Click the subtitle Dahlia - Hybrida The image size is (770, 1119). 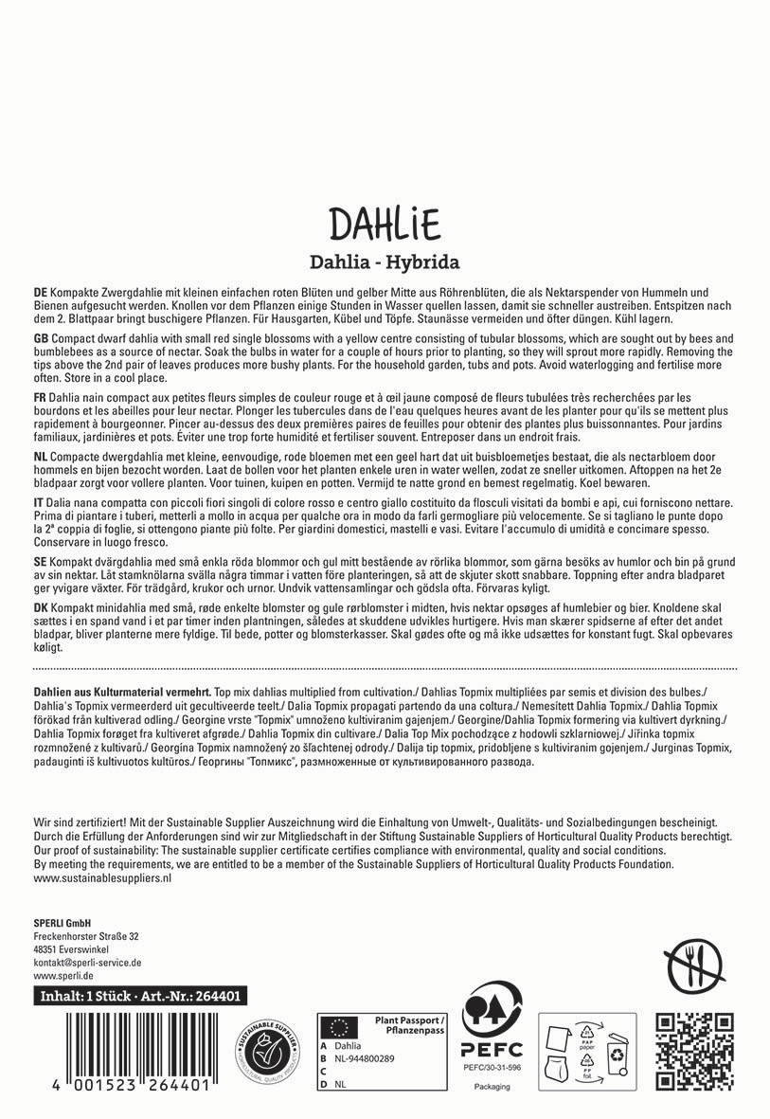tap(385, 261)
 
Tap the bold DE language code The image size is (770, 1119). tap(41, 296)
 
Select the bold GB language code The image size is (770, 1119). tap(41, 338)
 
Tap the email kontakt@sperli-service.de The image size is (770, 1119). tap(87, 961)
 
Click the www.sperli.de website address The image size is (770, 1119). tap(63, 974)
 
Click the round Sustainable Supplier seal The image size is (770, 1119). tap(267, 1050)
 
